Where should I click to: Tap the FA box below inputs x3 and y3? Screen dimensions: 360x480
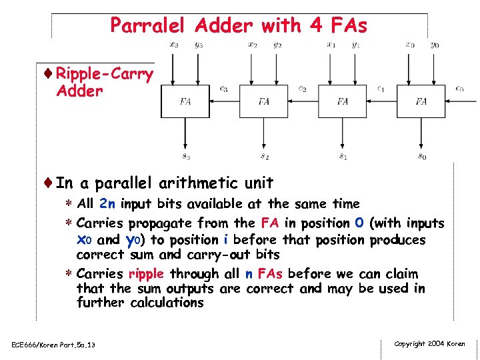pos(185,101)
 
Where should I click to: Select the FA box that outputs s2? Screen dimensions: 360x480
pos(264,101)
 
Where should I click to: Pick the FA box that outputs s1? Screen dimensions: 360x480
pos(343,101)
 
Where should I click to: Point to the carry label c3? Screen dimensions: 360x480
pos(224,89)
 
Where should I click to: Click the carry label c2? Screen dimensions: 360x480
pos(303,89)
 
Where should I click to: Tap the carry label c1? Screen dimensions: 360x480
pos(381,89)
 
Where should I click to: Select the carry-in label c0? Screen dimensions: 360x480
pos(459,89)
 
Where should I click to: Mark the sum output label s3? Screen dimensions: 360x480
pos(186,157)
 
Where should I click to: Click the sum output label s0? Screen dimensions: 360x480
pos(422,157)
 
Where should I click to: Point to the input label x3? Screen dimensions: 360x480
pos(174,45)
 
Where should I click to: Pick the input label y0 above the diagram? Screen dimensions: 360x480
pos(435,45)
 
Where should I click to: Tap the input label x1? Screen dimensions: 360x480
pos(331,45)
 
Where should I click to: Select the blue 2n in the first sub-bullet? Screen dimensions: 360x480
pos(107,204)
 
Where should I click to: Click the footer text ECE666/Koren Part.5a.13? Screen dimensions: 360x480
pos(53,345)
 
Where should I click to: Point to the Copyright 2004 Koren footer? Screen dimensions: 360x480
pos(430,344)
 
